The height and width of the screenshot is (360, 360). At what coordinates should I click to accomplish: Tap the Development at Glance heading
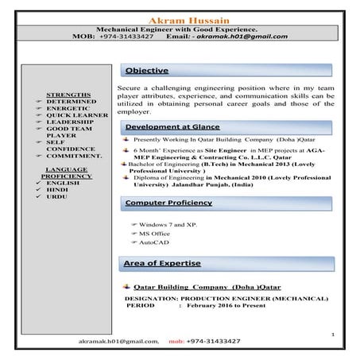(172, 127)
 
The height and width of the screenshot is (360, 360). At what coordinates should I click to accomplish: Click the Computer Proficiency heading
(168, 203)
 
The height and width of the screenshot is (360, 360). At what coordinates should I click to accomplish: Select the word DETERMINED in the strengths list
(72, 102)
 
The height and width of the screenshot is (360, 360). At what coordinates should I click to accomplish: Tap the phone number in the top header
(126, 37)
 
